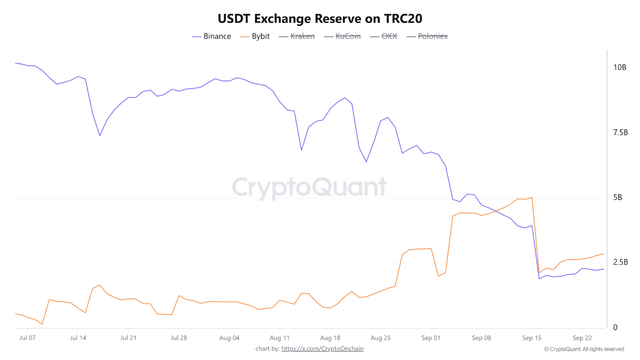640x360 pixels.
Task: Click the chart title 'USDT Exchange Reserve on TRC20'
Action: [320, 18]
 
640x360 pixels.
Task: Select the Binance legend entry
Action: [211, 36]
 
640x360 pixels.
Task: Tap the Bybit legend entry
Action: [255, 36]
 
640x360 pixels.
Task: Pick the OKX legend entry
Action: [383, 36]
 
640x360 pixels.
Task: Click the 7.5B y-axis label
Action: [620, 132]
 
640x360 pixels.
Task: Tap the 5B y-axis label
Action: [617, 197]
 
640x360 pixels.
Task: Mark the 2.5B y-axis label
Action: [620, 262]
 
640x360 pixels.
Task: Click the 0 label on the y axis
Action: [615, 327]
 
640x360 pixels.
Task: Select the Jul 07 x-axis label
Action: [27, 338]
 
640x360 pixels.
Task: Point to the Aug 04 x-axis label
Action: [229, 338]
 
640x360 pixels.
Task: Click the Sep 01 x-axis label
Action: [430, 338]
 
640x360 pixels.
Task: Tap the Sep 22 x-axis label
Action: [582, 338]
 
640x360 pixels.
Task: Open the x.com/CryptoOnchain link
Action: [322, 348]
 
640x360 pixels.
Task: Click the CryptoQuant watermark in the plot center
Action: [309, 187]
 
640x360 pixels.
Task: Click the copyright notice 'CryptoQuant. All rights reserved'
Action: [583, 349]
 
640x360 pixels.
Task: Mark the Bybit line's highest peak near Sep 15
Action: [531, 197]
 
